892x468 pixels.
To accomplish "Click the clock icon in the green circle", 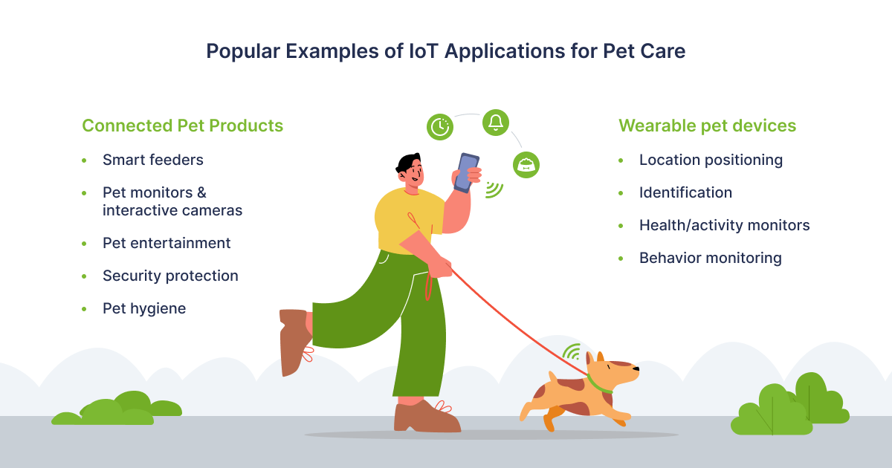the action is coord(439,127).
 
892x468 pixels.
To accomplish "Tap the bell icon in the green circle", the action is coord(496,123).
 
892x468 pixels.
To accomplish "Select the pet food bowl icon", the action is coord(526,165).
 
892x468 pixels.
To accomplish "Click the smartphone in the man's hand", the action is coord(466,172).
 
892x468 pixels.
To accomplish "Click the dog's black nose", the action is coord(636,369).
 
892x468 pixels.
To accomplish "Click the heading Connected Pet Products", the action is coord(182,126).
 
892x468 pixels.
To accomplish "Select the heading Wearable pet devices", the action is coord(707,126).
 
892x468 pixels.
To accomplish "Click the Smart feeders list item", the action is coord(153,160).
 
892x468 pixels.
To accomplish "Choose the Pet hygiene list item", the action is coord(144,309).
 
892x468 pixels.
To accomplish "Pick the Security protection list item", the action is coord(170,276).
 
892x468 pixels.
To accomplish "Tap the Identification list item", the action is coord(685,192).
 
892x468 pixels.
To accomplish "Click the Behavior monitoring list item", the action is coord(711,259).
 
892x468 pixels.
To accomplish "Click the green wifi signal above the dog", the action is coord(572,352).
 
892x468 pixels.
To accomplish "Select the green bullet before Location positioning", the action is coord(621,160).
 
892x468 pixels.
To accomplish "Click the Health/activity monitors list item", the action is coord(724,225).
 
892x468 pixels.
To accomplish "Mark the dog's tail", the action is coord(552,376).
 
